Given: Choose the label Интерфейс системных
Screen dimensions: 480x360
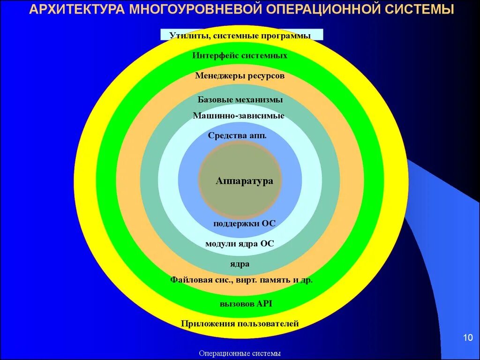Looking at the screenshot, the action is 240,56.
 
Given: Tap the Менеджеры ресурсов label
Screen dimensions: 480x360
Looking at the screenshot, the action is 240,76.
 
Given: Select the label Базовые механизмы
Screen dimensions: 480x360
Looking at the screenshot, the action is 240,100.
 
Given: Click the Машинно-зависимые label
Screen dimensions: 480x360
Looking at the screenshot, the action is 239,116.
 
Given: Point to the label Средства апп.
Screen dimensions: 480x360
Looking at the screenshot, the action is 237,136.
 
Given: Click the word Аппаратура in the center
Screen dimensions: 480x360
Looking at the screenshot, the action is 244,181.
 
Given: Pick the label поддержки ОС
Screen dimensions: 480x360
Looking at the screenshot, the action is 244,224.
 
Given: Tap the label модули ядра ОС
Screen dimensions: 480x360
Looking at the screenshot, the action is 240,244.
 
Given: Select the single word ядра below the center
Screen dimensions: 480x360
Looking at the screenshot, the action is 240,264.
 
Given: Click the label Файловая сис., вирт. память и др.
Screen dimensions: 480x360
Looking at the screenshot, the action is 241,280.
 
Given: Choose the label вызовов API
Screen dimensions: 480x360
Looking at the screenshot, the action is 246,304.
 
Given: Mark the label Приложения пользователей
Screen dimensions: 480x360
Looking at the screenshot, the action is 240,324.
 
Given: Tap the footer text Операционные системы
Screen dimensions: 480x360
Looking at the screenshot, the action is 240,353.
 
